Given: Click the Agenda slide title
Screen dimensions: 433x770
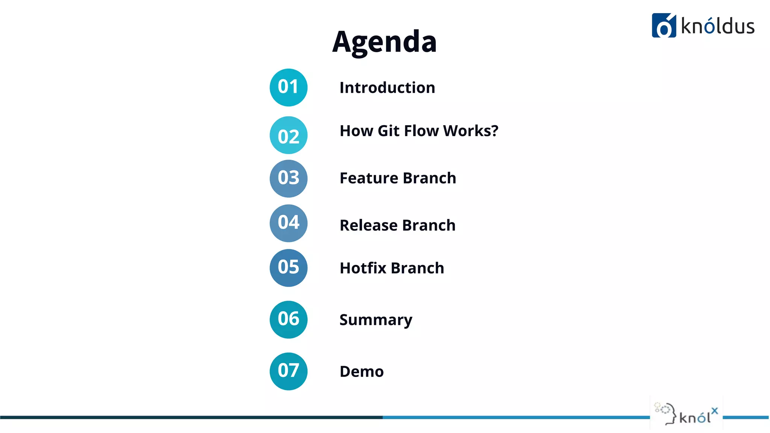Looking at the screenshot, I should click(384, 41).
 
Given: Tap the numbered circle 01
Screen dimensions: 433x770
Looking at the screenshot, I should click(288, 87).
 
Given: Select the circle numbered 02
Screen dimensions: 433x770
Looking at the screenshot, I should click(288, 135).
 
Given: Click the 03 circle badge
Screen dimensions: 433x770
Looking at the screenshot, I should click(288, 178).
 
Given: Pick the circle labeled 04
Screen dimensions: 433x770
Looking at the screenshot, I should click(288, 223).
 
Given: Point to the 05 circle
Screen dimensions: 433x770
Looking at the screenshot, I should click(288, 268).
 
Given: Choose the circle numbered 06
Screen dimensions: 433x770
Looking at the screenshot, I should click(288, 319).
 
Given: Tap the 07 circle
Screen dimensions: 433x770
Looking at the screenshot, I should click(288, 371).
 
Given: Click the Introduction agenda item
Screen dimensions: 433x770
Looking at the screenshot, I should click(387, 88).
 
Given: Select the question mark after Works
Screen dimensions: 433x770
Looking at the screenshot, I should click(494, 130).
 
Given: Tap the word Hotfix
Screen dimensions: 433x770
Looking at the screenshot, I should click(363, 268).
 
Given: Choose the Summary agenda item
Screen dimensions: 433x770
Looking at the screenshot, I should click(376, 320).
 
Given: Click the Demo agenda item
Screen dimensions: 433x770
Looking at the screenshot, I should click(361, 371).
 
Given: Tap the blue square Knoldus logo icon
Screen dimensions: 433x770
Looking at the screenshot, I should click(664, 26).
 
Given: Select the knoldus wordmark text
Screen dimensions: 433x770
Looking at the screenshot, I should click(717, 27).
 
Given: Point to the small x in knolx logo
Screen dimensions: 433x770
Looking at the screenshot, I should click(714, 411).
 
